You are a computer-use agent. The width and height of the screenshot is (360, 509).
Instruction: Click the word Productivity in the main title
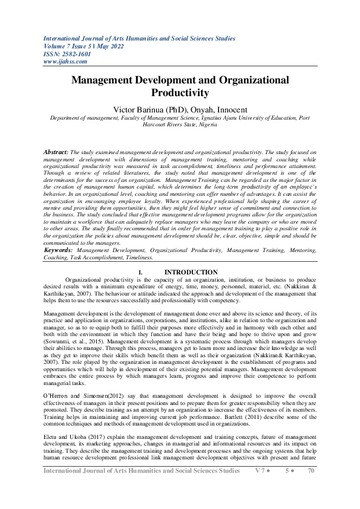(180, 92)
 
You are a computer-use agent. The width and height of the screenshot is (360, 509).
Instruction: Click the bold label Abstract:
(57, 154)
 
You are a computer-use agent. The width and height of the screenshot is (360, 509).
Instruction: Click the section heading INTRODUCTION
(191, 273)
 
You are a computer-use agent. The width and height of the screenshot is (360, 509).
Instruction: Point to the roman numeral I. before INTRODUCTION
(140, 273)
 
